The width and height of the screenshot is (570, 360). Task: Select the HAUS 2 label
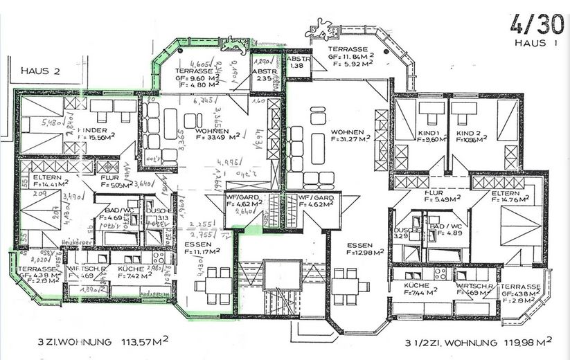tap(41, 71)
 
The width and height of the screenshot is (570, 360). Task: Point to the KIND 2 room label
tap(469, 132)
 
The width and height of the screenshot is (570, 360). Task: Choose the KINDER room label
tap(96, 130)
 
